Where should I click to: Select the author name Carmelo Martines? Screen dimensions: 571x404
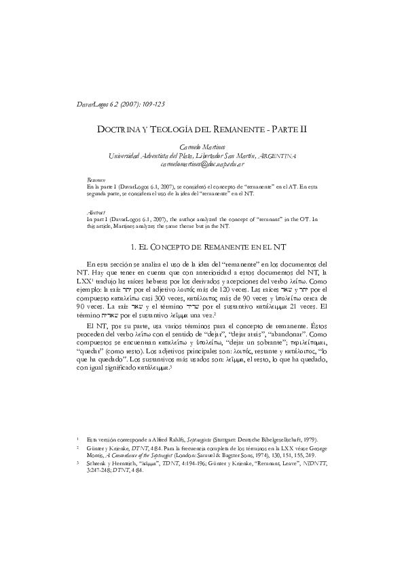pyautogui.click(x=202, y=146)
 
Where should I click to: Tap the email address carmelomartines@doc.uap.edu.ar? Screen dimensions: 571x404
pyautogui.click(x=202, y=163)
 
